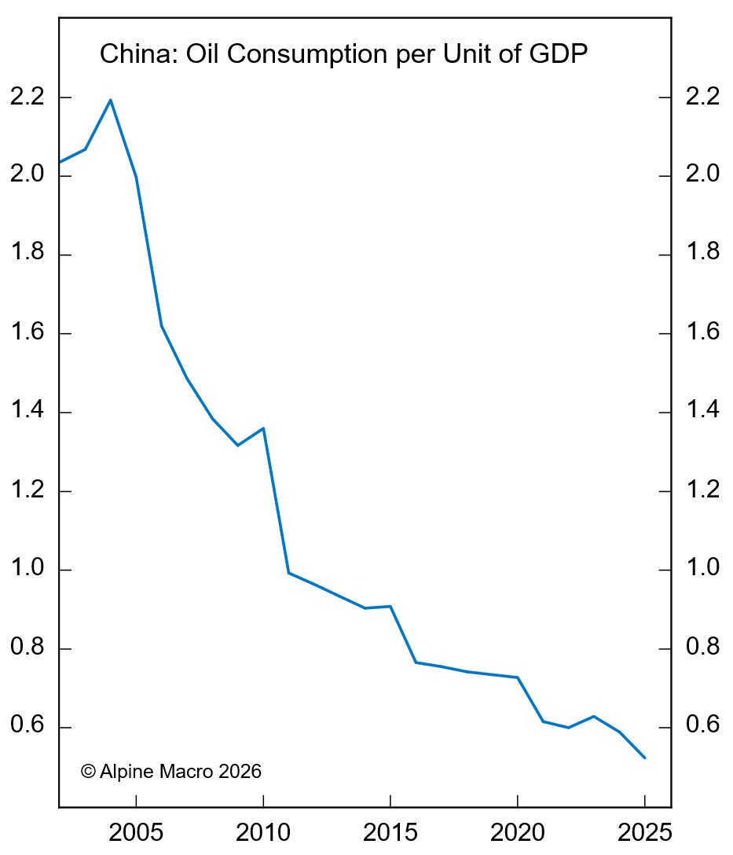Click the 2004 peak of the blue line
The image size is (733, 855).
click(111, 100)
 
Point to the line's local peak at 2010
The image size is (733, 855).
click(263, 428)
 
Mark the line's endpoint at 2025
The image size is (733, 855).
click(645, 758)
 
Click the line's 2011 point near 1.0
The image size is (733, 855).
click(288, 573)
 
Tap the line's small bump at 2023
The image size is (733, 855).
click(594, 717)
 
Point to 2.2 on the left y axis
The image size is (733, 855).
click(27, 97)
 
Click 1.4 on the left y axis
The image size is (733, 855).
click(27, 413)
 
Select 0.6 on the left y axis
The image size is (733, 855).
click(27, 728)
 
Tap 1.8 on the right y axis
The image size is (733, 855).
click(702, 255)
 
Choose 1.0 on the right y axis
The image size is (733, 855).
click(702, 570)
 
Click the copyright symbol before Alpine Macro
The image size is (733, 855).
click(88, 772)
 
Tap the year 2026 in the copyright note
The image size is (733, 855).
click(240, 772)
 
